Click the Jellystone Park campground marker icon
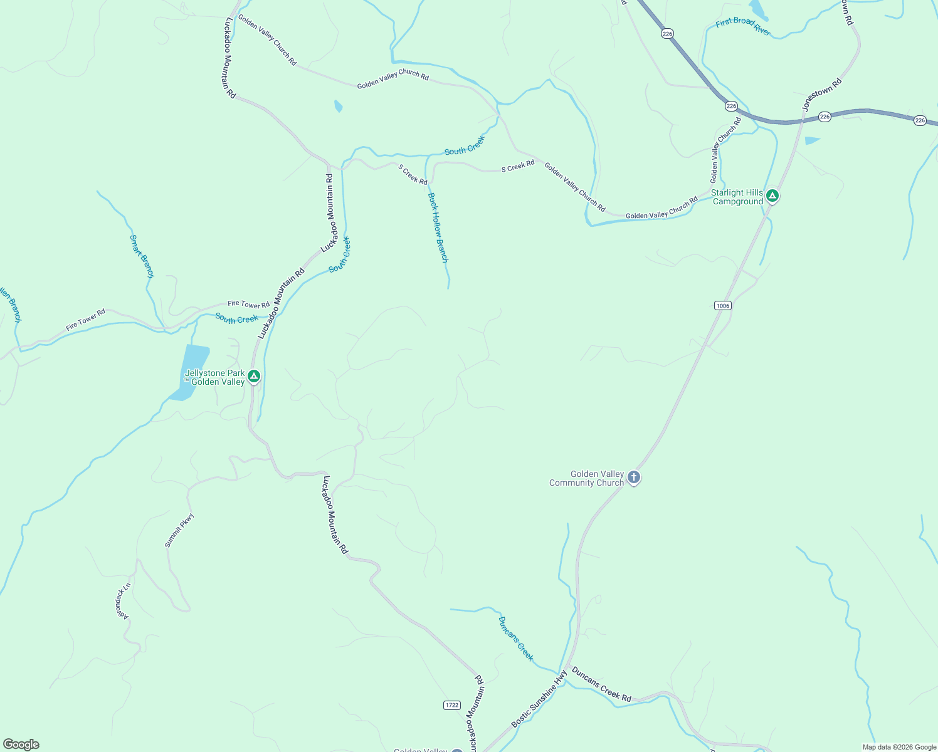[x=253, y=377]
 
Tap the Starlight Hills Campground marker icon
[x=772, y=196]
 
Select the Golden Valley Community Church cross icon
[x=634, y=478]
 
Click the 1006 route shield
[x=722, y=305]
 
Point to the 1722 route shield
[x=451, y=705]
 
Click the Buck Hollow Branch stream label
[x=438, y=227]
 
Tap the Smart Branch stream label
[x=141, y=256]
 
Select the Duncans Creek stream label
[x=515, y=638]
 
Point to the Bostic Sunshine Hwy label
[x=539, y=699]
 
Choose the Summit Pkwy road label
[x=179, y=530]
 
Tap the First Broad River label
[x=743, y=26]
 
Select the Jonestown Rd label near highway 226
[x=821, y=95]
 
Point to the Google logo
[x=21, y=744]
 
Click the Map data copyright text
[x=899, y=747]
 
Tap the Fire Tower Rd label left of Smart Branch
[x=85, y=320]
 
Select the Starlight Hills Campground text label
[x=737, y=197]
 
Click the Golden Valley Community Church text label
[x=587, y=478]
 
